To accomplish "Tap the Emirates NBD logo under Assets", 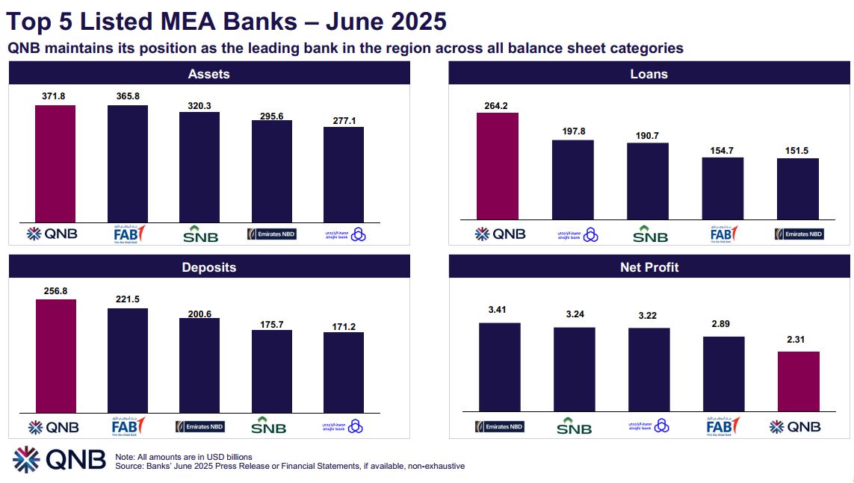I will coord(272,234).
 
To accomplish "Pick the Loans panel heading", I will coord(649,74).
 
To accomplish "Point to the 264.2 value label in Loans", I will coord(496,105).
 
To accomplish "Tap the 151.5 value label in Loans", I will coord(798,150).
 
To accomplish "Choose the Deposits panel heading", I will coord(209,267).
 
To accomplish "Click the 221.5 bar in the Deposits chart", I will coord(128,360).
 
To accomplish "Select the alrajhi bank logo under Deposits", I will coord(344,427).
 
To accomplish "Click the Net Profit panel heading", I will coord(649,267).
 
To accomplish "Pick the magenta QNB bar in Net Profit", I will coord(799,381).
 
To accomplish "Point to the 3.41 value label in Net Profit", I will coord(499,309).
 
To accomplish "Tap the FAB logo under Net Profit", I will coord(723,426).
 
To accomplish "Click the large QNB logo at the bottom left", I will coord(59,460).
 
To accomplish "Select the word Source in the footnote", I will coord(130,466).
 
